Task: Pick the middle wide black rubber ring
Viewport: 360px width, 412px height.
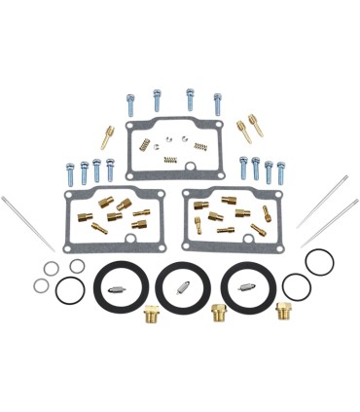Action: pyautogui.click(x=184, y=284)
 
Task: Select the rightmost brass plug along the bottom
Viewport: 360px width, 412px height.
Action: pyautogui.click(x=284, y=312)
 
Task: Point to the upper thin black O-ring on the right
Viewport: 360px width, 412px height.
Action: pyautogui.click(x=318, y=261)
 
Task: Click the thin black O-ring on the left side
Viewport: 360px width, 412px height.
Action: pyautogui.click(x=67, y=289)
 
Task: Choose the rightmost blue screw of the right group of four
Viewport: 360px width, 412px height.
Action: pyautogui.click(x=281, y=172)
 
